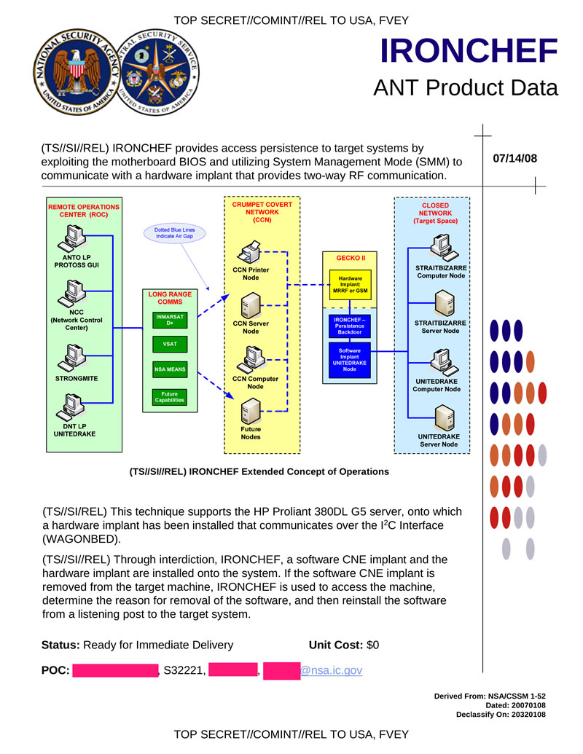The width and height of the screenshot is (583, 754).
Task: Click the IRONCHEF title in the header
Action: point(469,50)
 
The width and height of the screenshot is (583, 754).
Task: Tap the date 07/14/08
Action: point(514,157)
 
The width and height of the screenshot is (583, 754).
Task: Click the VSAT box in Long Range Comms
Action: point(170,344)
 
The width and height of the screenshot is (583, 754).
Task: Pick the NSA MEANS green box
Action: point(170,370)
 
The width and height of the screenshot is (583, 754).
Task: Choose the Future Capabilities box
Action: point(170,397)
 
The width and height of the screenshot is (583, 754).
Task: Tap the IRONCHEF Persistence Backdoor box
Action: point(351,326)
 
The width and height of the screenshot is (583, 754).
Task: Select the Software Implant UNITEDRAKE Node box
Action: point(351,359)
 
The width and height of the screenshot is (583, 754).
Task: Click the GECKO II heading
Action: point(351,258)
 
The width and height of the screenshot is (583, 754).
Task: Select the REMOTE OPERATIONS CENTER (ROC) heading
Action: point(84,211)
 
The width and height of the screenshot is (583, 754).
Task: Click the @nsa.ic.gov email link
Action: point(332,669)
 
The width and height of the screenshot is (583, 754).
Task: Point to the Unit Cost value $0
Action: point(372,645)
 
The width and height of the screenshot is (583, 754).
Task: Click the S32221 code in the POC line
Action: point(183,669)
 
